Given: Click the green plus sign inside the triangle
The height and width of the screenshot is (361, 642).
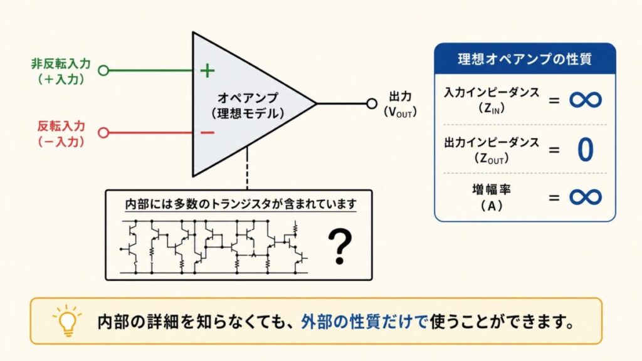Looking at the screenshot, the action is [x=208, y=70].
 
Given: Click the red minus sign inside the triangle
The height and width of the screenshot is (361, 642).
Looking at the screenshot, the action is [x=208, y=132].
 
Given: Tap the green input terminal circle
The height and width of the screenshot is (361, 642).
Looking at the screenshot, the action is [x=103, y=70].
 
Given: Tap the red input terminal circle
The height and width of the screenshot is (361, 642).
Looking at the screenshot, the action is [x=103, y=133].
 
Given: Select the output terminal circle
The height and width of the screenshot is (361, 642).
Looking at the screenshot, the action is [x=371, y=103].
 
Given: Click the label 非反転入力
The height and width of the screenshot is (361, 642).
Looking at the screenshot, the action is [x=61, y=63].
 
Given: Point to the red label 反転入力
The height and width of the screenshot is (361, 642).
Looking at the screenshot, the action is [x=61, y=125].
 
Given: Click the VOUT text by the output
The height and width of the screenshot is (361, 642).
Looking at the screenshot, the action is [x=400, y=112].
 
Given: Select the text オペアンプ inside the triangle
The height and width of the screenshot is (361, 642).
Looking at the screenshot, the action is [x=248, y=97].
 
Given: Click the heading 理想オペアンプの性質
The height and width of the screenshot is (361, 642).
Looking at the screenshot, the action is [x=525, y=59].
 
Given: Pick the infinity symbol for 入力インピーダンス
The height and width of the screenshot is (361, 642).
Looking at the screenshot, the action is [x=586, y=100].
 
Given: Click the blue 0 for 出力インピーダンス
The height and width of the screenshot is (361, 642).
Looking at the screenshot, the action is [x=586, y=150].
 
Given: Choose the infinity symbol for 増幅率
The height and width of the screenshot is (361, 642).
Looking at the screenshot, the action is [x=586, y=197].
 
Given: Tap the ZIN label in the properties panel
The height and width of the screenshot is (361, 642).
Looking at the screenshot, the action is [x=492, y=108].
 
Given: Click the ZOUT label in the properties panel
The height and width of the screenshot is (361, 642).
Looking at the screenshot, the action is [x=492, y=159].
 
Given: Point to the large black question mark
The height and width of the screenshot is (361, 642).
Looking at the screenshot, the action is [x=340, y=246].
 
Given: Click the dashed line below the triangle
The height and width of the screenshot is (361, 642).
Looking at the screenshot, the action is [x=247, y=168].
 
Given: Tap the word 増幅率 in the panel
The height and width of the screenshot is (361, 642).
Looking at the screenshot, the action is [x=492, y=189].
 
